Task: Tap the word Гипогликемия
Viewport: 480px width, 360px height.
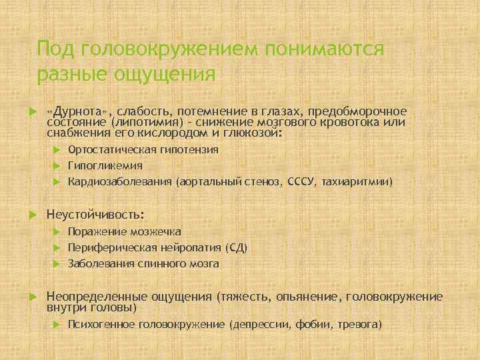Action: point(105,165)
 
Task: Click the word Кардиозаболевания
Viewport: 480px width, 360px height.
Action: point(119,181)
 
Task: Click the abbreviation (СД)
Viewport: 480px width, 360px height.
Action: point(237,248)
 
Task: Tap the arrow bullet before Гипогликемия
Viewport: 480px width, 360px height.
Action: point(57,165)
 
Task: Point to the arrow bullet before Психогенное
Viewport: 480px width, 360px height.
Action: point(57,325)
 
